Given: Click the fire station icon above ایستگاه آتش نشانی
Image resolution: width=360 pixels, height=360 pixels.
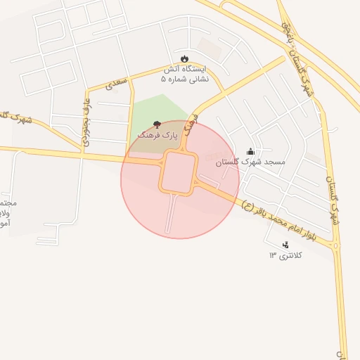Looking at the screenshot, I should click(x=184, y=58).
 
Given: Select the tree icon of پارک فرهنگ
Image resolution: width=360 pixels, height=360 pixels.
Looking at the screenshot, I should click(x=156, y=124).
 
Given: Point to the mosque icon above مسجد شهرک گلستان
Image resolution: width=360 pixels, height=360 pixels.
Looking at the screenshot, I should click(x=250, y=151).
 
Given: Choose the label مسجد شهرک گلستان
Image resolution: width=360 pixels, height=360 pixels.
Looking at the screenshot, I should click(x=250, y=162).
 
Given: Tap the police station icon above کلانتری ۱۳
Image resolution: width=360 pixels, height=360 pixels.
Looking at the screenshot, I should click(x=285, y=245).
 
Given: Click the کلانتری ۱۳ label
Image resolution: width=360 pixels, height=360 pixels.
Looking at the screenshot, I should click(x=285, y=255).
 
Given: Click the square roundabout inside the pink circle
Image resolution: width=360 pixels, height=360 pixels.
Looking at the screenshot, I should click(x=180, y=172).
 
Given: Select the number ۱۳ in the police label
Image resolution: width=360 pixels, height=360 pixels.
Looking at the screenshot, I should click(x=273, y=255).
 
